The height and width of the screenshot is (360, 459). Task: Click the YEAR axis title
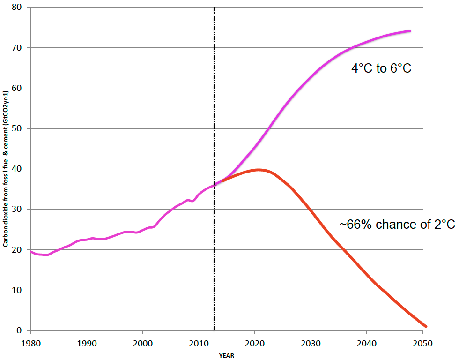click(x=226, y=355)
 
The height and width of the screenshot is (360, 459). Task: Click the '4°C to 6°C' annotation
click(x=381, y=68)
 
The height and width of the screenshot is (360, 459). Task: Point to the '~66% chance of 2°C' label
click(x=397, y=225)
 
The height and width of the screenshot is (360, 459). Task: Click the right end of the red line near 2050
click(x=426, y=326)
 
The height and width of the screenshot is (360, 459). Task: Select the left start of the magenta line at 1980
click(x=31, y=252)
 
